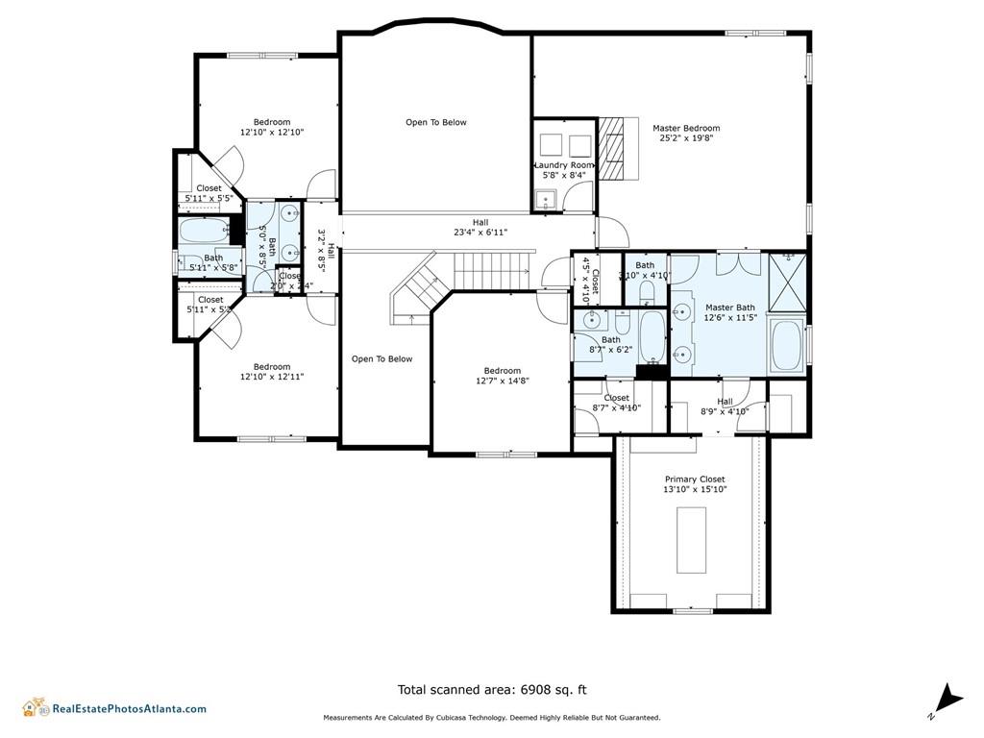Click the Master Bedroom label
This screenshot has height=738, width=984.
pyautogui.click(x=686, y=129)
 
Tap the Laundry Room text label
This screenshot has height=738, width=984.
pyautogui.click(x=564, y=165)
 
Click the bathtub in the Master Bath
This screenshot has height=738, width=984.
pyautogui.click(x=786, y=346)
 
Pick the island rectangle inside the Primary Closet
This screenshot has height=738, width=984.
pyautogui.click(x=691, y=539)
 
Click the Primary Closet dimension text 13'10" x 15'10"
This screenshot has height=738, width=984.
pyautogui.click(x=695, y=490)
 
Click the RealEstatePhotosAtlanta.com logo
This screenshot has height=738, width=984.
pyautogui.click(x=114, y=708)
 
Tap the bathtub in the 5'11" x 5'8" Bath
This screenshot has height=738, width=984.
pyautogui.click(x=204, y=231)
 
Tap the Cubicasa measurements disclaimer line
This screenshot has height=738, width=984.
pyautogui.click(x=491, y=718)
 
